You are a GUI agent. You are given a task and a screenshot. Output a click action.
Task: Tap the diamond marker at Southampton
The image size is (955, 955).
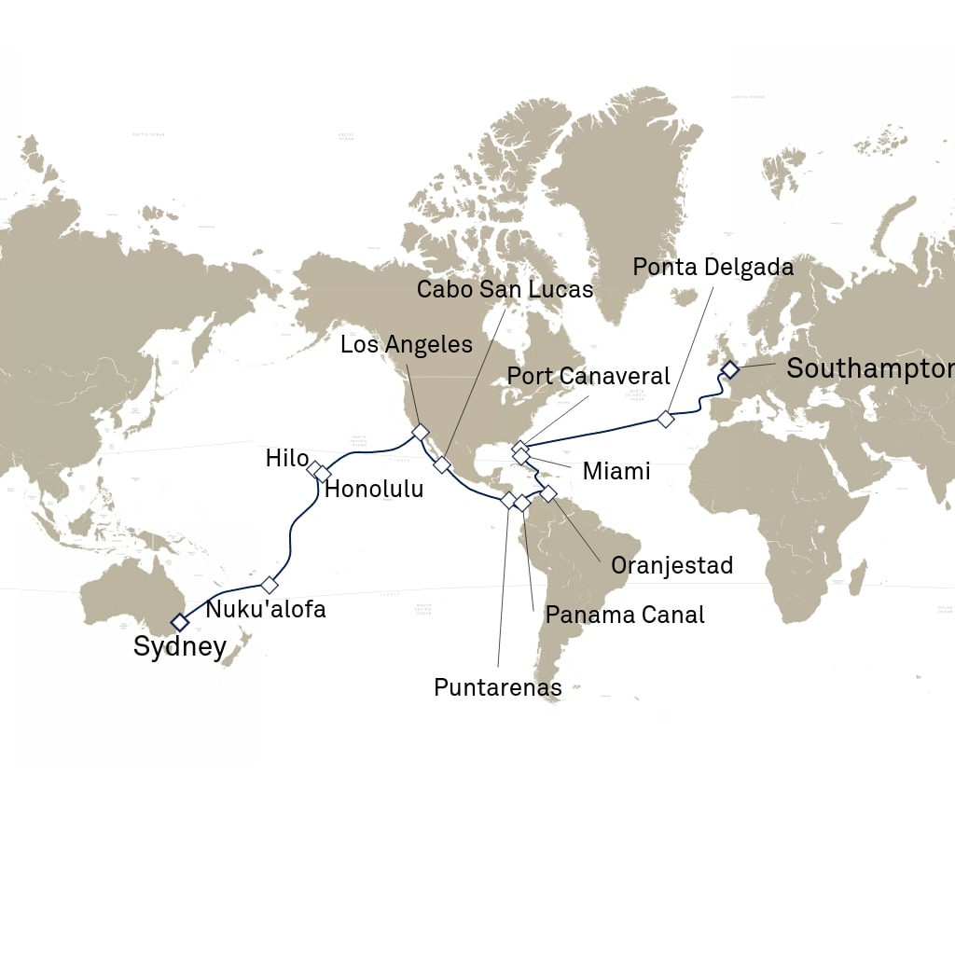(x=729, y=370)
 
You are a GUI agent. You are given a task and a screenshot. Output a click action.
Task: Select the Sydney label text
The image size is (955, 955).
(x=180, y=646)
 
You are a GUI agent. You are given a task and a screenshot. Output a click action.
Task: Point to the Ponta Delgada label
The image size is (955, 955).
(x=713, y=267)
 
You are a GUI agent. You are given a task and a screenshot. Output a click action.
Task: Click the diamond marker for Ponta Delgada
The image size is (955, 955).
(x=665, y=419)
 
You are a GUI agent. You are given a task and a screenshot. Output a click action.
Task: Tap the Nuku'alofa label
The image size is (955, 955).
(x=266, y=610)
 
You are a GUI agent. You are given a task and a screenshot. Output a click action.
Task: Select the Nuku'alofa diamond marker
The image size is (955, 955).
(x=270, y=585)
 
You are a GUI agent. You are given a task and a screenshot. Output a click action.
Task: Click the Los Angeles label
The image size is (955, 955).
(x=406, y=344)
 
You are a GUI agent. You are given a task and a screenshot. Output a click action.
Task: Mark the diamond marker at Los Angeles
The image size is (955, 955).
(x=420, y=433)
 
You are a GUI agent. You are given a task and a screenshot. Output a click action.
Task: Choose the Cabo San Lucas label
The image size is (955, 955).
(x=505, y=289)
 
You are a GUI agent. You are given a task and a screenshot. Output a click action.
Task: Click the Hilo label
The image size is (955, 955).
(x=286, y=458)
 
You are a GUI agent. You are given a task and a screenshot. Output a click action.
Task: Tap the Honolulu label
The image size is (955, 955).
(x=374, y=489)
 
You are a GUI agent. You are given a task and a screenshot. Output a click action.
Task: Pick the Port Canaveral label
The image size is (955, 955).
(x=588, y=376)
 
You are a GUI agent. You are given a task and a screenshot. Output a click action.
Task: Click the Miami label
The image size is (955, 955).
(x=616, y=471)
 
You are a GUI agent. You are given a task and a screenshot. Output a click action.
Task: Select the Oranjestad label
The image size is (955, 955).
(x=671, y=565)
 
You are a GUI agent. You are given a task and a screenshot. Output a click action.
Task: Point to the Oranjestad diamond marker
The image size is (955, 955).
(x=548, y=492)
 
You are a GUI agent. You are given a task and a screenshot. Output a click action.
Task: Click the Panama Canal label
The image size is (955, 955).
(x=625, y=615)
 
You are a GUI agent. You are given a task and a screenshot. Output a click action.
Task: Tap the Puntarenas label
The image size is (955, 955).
(x=498, y=687)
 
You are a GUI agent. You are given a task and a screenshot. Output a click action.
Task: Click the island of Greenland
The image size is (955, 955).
(x=616, y=196)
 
